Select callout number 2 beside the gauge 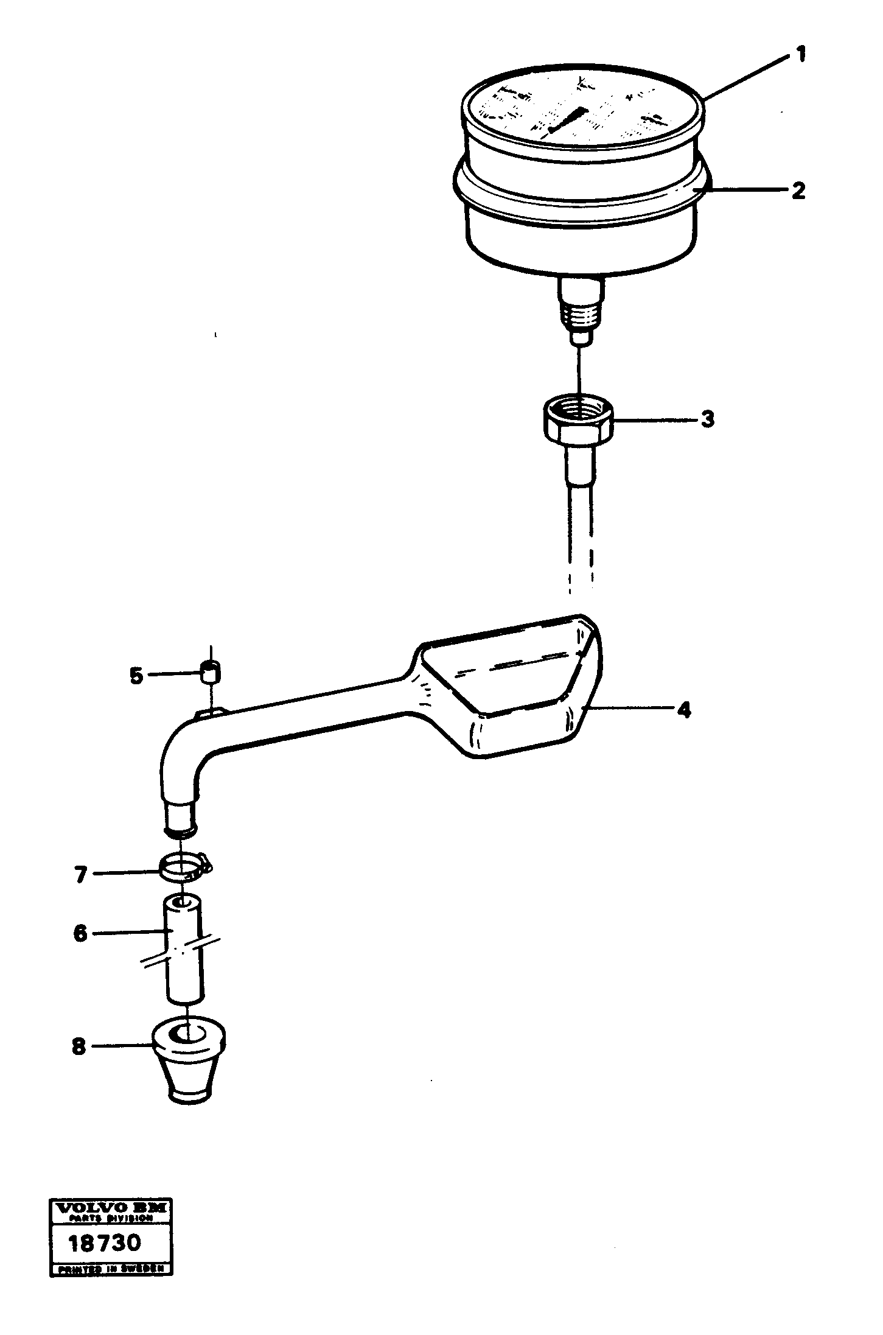click(798, 191)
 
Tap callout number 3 click(707, 419)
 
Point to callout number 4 click(684, 710)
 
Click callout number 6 click(80, 933)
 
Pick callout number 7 click(80, 875)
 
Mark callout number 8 click(79, 1047)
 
